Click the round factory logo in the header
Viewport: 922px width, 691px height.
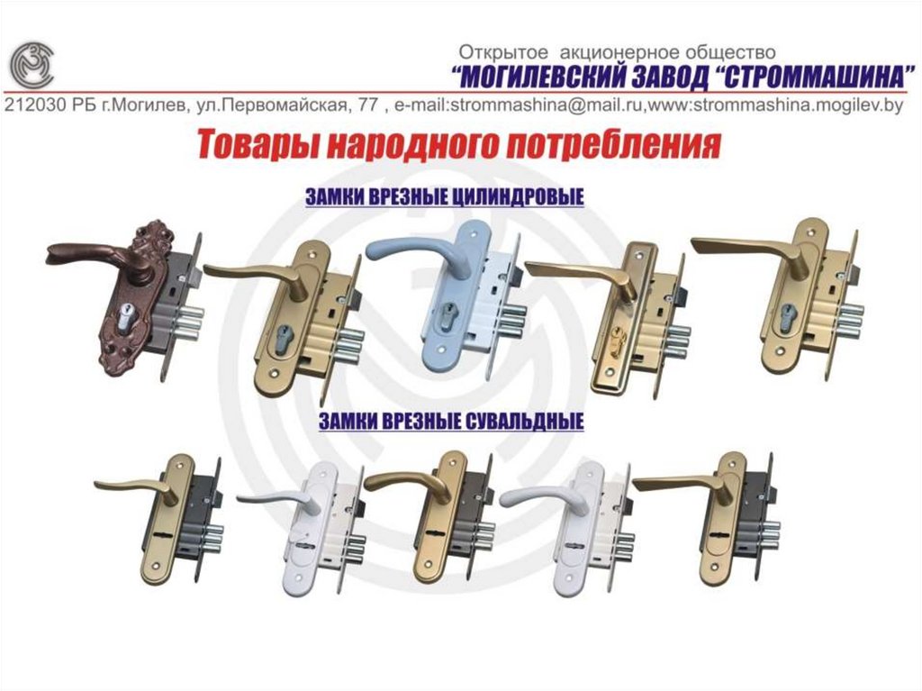tap(32, 65)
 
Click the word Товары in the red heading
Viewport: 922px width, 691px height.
tap(256, 145)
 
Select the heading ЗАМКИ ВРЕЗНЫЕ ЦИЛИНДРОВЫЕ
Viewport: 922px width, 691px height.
tap(445, 196)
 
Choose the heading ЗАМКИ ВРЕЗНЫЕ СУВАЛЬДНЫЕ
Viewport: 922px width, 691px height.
tap(451, 421)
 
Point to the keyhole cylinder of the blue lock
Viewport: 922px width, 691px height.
tap(449, 317)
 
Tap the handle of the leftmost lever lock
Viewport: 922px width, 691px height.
tap(137, 487)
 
